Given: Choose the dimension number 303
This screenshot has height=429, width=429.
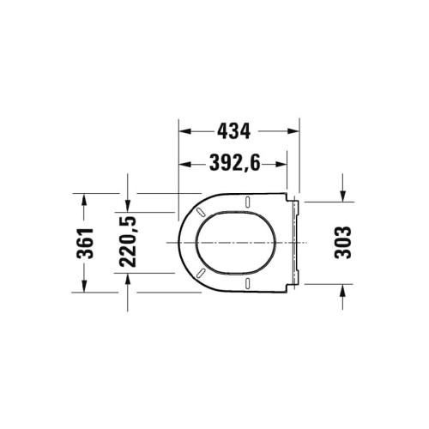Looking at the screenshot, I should pyautogui.click(x=341, y=243).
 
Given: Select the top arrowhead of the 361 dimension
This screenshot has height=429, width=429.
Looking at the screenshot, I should pyautogui.click(x=84, y=199).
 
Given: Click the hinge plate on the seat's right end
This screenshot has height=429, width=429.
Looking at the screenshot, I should pyautogui.click(x=297, y=243).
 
